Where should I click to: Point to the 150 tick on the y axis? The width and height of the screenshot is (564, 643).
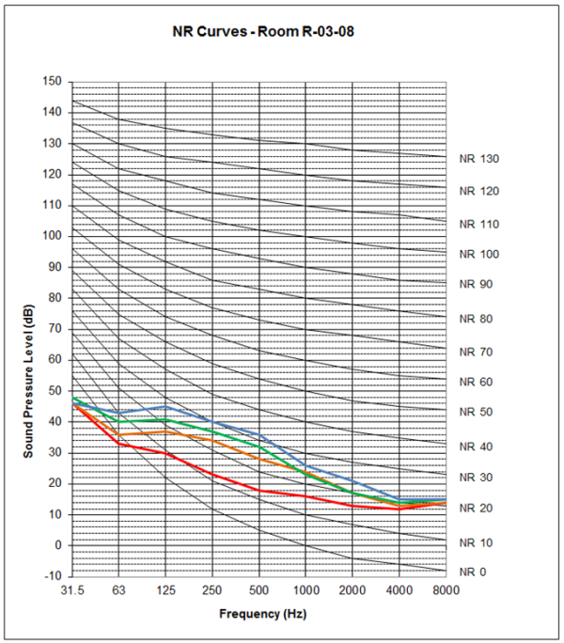(53, 82)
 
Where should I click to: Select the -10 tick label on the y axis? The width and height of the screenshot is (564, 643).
(53, 576)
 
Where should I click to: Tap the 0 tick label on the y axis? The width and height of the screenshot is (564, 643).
(58, 545)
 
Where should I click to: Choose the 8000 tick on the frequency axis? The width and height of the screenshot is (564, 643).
(446, 590)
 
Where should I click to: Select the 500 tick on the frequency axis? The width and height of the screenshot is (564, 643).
(259, 590)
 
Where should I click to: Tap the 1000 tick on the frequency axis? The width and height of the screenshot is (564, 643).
(305, 590)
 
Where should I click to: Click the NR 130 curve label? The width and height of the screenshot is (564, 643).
(478, 159)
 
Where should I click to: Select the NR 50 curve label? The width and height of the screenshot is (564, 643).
(476, 412)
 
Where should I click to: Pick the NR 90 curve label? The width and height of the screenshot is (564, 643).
(476, 284)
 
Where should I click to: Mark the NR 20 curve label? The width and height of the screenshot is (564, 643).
(476, 509)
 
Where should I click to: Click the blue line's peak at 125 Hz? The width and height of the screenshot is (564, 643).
(165, 406)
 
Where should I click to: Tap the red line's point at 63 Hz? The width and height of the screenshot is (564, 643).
(118, 443)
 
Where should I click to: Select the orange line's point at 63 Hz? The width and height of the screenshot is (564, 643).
(118, 434)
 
